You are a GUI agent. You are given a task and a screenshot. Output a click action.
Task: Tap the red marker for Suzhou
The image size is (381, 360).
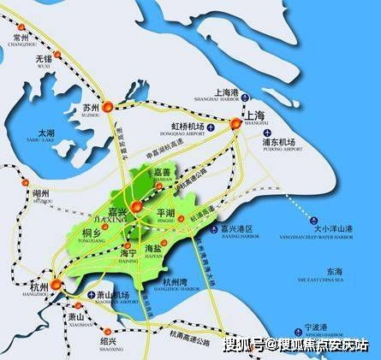pyautogui.click(x=108, y=107)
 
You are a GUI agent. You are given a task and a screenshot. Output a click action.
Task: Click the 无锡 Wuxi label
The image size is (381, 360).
pyautogui.click(x=44, y=62)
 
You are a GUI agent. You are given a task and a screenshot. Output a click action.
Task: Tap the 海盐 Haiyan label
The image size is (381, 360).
pyautogui.click(x=164, y=246)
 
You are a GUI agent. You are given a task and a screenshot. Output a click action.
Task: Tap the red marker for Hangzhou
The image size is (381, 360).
pyautogui.click(x=56, y=284)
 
